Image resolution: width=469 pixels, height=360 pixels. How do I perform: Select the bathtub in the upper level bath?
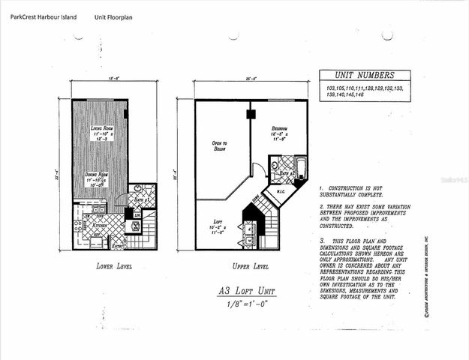pos(298,166)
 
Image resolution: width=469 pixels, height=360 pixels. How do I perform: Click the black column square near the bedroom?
pos(251,115)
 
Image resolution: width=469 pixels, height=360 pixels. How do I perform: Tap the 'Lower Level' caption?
pos(115,266)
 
